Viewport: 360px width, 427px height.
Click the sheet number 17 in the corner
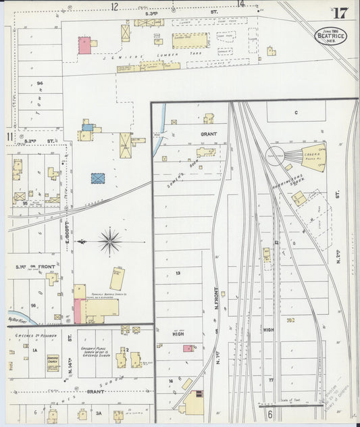[340, 13]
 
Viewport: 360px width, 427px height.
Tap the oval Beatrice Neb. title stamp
[330, 35]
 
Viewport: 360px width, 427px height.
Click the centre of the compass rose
[109, 241]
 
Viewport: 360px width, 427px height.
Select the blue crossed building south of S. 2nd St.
[99, 178]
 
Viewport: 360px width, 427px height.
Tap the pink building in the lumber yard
[84, 45]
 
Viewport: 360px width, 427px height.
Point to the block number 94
[41, 83]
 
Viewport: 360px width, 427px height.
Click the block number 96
[32, 305]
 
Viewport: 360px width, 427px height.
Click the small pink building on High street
[187, 349]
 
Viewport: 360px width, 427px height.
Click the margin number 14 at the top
[240, 4]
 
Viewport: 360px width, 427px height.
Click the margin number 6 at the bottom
[269, 413]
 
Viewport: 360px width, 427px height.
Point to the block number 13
[178, 273]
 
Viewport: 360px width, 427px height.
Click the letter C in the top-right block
[295, 112]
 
